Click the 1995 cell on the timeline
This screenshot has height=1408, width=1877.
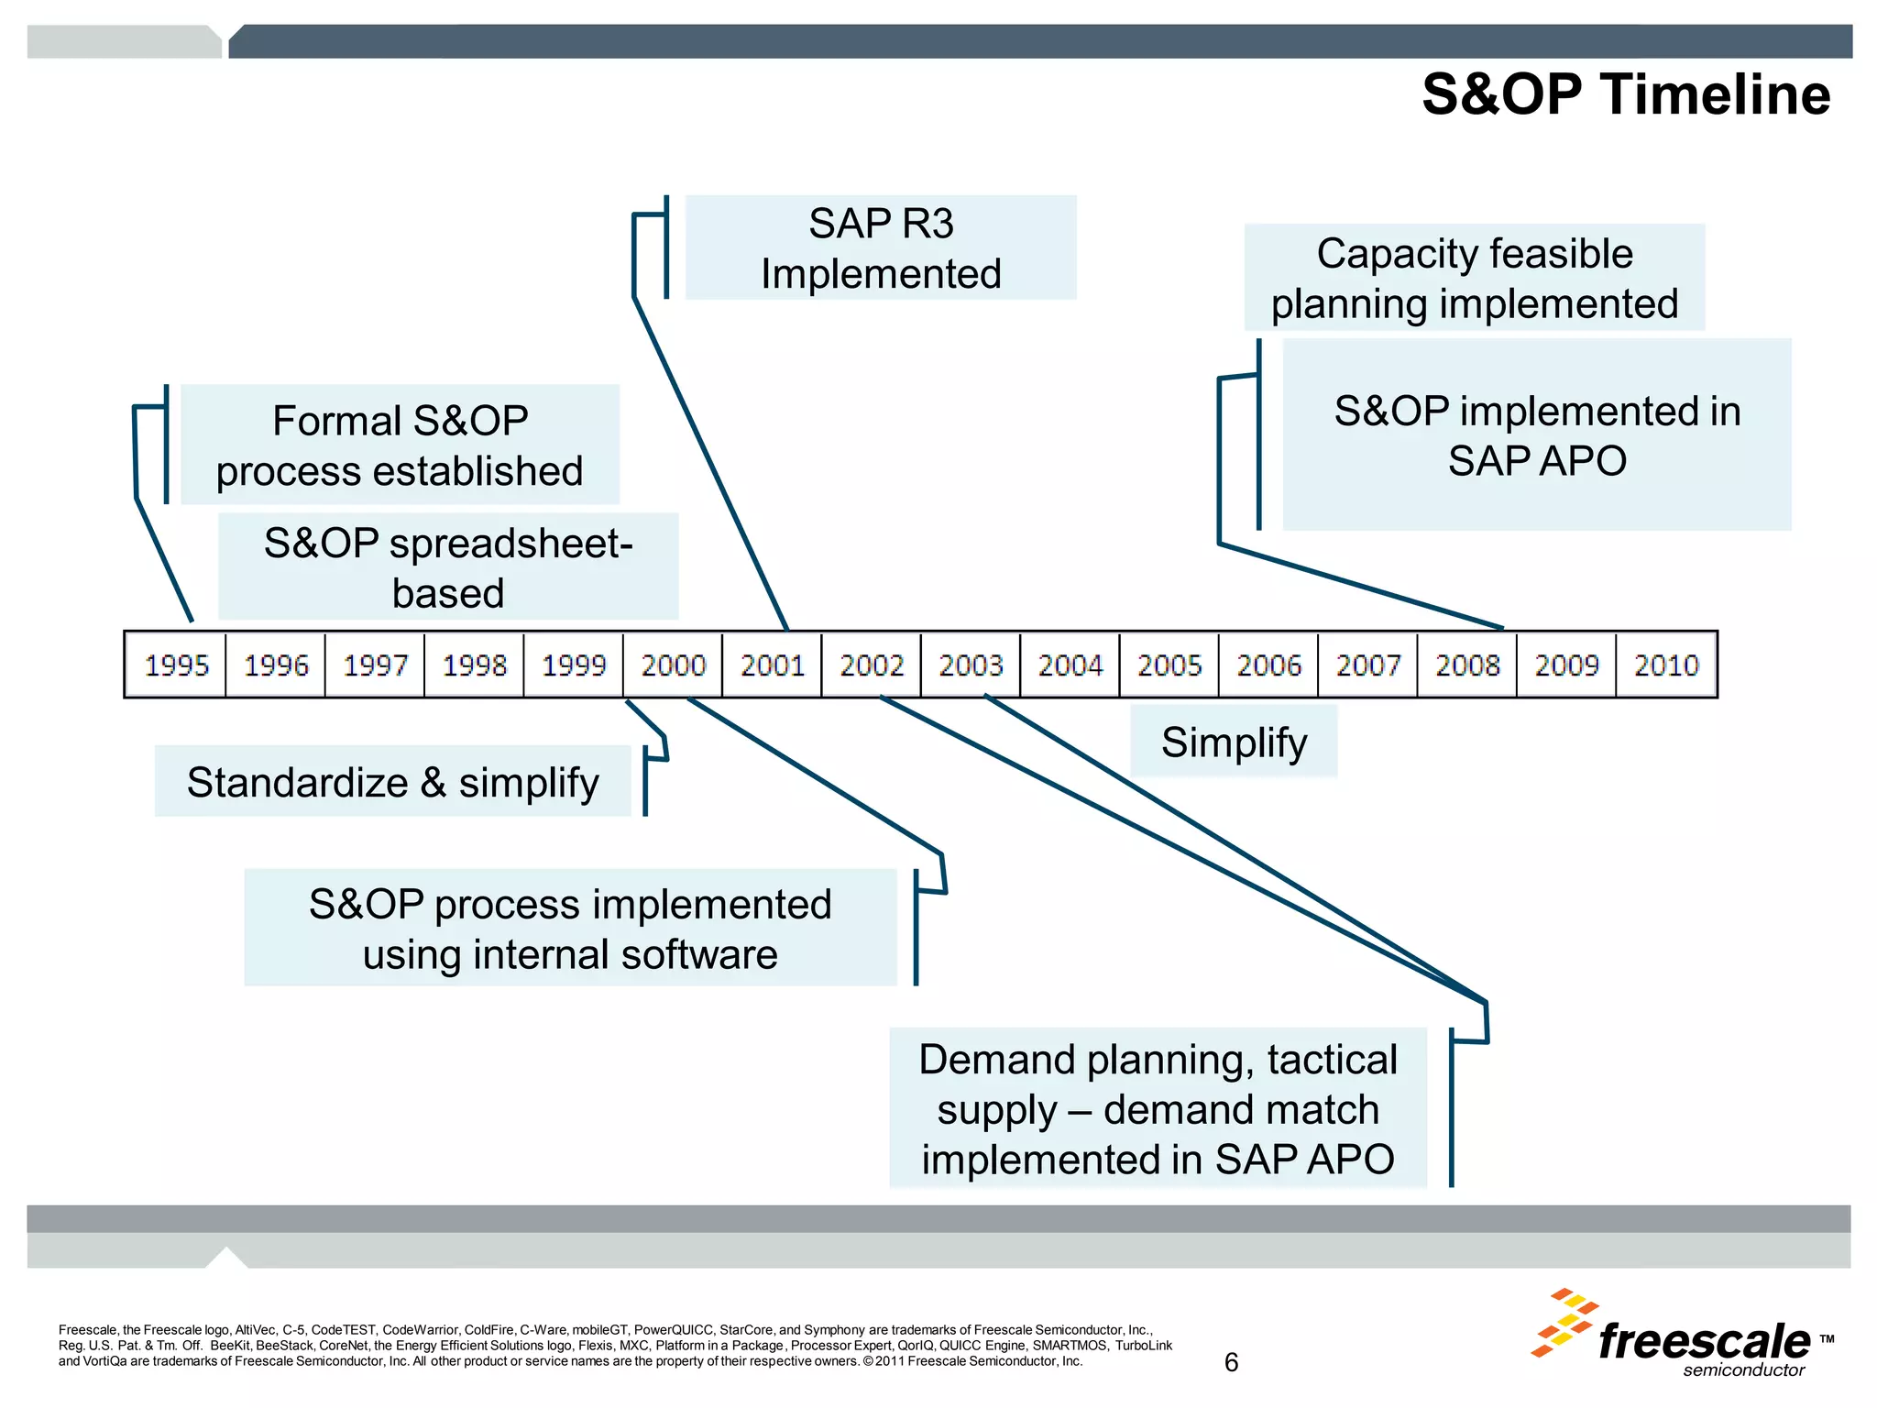(x=176, y=665)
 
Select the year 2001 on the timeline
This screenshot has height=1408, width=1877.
(x=772, y=665)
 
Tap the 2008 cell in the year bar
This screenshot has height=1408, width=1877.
(x=1466, y=665)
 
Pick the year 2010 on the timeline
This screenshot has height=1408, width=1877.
(x=1666, y=665)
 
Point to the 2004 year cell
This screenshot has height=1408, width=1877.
(x=1070, y=665)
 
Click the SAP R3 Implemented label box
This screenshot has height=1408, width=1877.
(x=881, y=247)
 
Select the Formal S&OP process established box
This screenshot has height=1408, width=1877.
(x=400, y=445)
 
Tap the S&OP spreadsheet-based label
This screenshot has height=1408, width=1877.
(x=448, y=566)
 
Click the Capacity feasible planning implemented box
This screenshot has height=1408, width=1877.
(x=1475, y=278)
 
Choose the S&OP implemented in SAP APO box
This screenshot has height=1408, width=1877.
(x=1537, y=434)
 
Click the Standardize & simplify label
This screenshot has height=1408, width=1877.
(x=393, y=782)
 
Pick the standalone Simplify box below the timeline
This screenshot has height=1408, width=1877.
(x=1234, y=742)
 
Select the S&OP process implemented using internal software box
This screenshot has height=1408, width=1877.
(x=570, y=928)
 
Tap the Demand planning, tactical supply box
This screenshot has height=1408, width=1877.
(x=1158, y=1108)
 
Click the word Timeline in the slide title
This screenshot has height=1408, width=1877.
(x=1716, y=94)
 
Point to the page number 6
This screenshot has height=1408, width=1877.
(x=1231, y=1363)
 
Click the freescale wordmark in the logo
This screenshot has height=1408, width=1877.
(x=1705, y=1342)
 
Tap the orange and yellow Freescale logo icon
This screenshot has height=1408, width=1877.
(x=1564, y=1323)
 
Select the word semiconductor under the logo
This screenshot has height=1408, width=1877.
(x=1743, y=1370)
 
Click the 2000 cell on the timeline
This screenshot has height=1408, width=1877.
(x=673, y=665)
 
